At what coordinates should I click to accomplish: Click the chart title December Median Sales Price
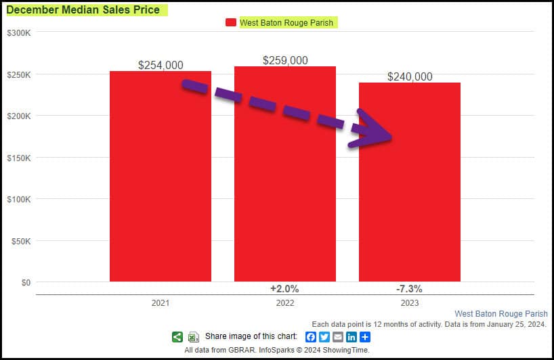[x=83, y=10]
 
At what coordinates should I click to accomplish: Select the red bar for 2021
[x=161, y=183]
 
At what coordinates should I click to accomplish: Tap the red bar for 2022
[x=285, y=189]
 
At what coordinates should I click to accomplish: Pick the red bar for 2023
[x=410, y=203]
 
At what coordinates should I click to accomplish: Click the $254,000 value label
[x=161, y=65]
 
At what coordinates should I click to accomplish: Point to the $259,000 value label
[x=285, y=60]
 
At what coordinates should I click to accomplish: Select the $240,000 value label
[x=410, y=76]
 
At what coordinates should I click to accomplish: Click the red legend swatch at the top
[x=230, y=22]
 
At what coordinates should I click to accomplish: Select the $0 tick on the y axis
[x=25, y=282]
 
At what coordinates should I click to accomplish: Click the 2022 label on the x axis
[x=285, y=302]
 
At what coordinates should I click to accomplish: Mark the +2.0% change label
[x=284, y=288]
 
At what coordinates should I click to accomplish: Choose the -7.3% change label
[x=409, y=288]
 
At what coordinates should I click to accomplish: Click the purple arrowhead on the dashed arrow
[x=372, y=131]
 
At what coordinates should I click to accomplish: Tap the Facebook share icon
[x=311, y=337]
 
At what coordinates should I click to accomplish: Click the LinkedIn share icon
[x=351, y=337]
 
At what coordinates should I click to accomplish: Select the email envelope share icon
[x=338, y=337]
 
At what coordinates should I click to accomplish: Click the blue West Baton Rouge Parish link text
[x=500, y=314]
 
